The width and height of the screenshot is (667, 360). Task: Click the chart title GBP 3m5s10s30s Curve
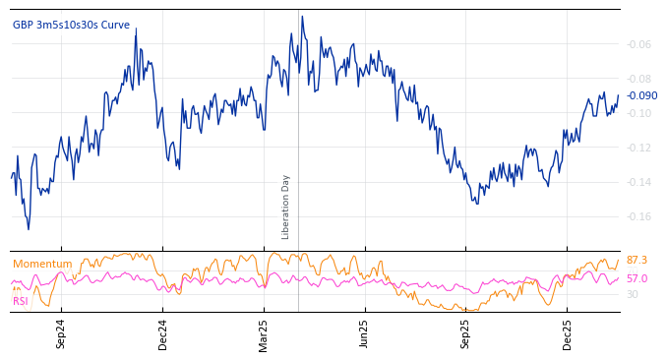(x=71, y=25)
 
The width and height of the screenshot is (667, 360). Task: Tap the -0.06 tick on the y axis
(x=639, y=44)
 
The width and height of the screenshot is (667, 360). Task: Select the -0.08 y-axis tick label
(x=639, y=79)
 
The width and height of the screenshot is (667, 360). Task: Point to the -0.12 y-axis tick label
(x=639, y=148)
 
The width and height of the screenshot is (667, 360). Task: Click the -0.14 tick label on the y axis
(x=639, y=182)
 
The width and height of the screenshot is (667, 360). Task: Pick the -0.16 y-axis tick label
(x=639, y=216)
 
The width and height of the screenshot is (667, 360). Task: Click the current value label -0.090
(x=641, y=95)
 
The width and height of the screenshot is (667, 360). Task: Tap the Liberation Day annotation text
(x=286, y=207)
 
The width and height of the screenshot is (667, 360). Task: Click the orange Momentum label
(x=42, y=264)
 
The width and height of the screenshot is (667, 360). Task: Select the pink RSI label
(x=20, y=301)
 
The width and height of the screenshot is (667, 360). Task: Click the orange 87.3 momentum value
(x=637, y=260)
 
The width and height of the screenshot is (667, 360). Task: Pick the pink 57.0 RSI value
(x=637, y=278)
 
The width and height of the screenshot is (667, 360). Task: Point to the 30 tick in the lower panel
(x=633, y=294)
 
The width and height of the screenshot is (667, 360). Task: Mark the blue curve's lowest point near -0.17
(x=28, y=229)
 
